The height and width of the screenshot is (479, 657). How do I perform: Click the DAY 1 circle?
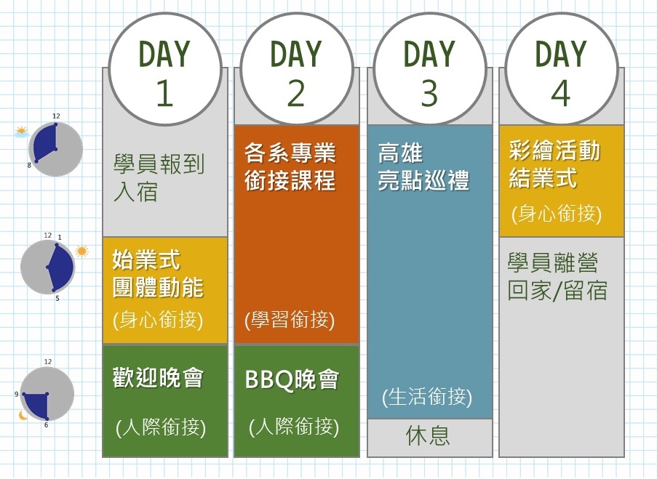[164, 69]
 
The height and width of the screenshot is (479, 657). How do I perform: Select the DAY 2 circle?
[296, 69]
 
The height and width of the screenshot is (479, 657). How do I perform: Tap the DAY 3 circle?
[429, 69]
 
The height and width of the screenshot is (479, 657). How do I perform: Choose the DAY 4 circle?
[562, 69]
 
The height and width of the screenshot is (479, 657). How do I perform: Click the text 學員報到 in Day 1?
[159, 164]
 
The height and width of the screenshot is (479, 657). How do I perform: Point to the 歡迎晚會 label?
[158, 377]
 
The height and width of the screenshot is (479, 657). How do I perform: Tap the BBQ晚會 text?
[292, 379]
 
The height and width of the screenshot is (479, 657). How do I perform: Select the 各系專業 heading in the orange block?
[290, 153]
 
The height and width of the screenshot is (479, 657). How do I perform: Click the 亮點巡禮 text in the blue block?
[423, 180]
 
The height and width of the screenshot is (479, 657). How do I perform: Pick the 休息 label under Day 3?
[428, 435]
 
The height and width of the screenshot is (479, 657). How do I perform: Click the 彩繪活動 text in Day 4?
[554, 150]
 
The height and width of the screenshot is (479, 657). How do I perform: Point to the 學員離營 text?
[553, 262]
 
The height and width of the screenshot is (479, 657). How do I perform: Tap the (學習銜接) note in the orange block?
[290, 320]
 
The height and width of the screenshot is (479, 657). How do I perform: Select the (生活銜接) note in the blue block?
[427, 396]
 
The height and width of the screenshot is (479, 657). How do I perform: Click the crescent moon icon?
[23, 415]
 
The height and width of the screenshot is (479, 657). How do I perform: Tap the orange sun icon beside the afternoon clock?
[81, 251]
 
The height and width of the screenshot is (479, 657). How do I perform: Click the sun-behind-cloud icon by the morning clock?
[21, 132]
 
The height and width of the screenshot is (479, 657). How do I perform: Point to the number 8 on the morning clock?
[29, 166]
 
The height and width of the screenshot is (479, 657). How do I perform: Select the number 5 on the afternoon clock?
[57, 299]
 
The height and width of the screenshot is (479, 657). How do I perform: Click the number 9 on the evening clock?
[16, 395]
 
